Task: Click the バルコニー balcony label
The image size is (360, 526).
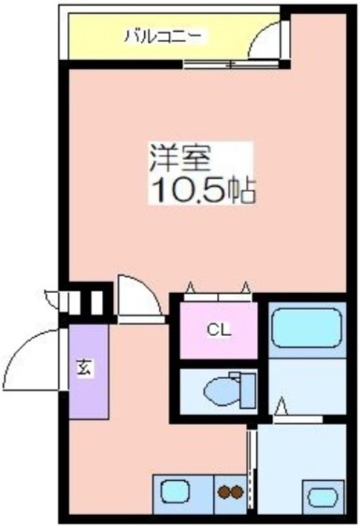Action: click(166, 37)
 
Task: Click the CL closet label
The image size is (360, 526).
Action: click(218, 329)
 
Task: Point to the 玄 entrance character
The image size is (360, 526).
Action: click(83, 368)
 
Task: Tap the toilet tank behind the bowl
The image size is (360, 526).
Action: click(247, 388)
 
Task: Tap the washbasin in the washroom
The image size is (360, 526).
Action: click(322, 496)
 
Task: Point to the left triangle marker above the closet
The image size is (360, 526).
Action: click(191, 286)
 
